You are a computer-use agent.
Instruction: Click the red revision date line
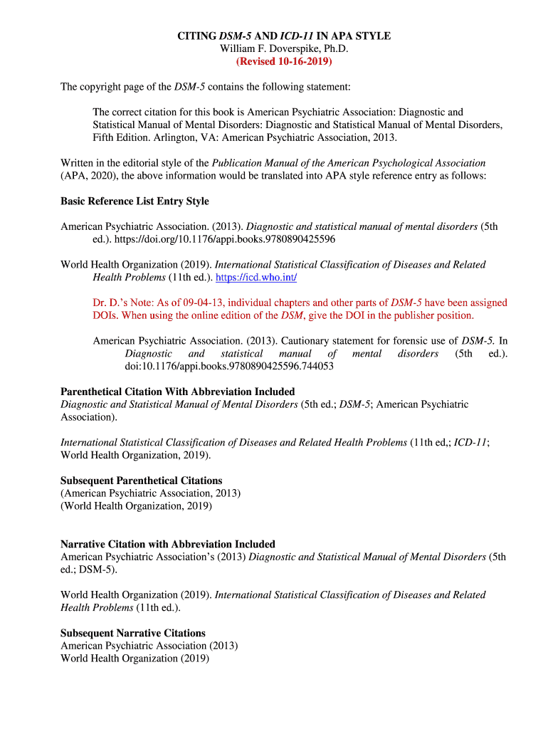coord(284,61)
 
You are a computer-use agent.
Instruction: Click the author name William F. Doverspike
coord(283,48)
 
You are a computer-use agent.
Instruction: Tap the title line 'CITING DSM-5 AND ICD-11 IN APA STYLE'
coord(284,36)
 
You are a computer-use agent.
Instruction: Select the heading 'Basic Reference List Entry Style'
coord(135,201)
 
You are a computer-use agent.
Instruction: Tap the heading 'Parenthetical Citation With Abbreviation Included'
coord(177,392)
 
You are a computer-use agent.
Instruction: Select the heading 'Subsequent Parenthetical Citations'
coord(141,481)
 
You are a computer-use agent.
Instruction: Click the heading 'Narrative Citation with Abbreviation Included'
coord(167,544)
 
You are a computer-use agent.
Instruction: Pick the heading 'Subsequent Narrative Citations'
coord(132,633)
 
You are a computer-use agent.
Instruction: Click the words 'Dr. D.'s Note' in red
coord(125,303)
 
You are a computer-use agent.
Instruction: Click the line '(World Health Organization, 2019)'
coord(136,506)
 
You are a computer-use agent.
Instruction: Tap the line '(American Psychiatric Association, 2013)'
coord(150,493)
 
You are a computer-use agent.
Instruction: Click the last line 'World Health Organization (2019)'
coord(135,659)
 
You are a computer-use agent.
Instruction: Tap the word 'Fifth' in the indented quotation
coord(105,137)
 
